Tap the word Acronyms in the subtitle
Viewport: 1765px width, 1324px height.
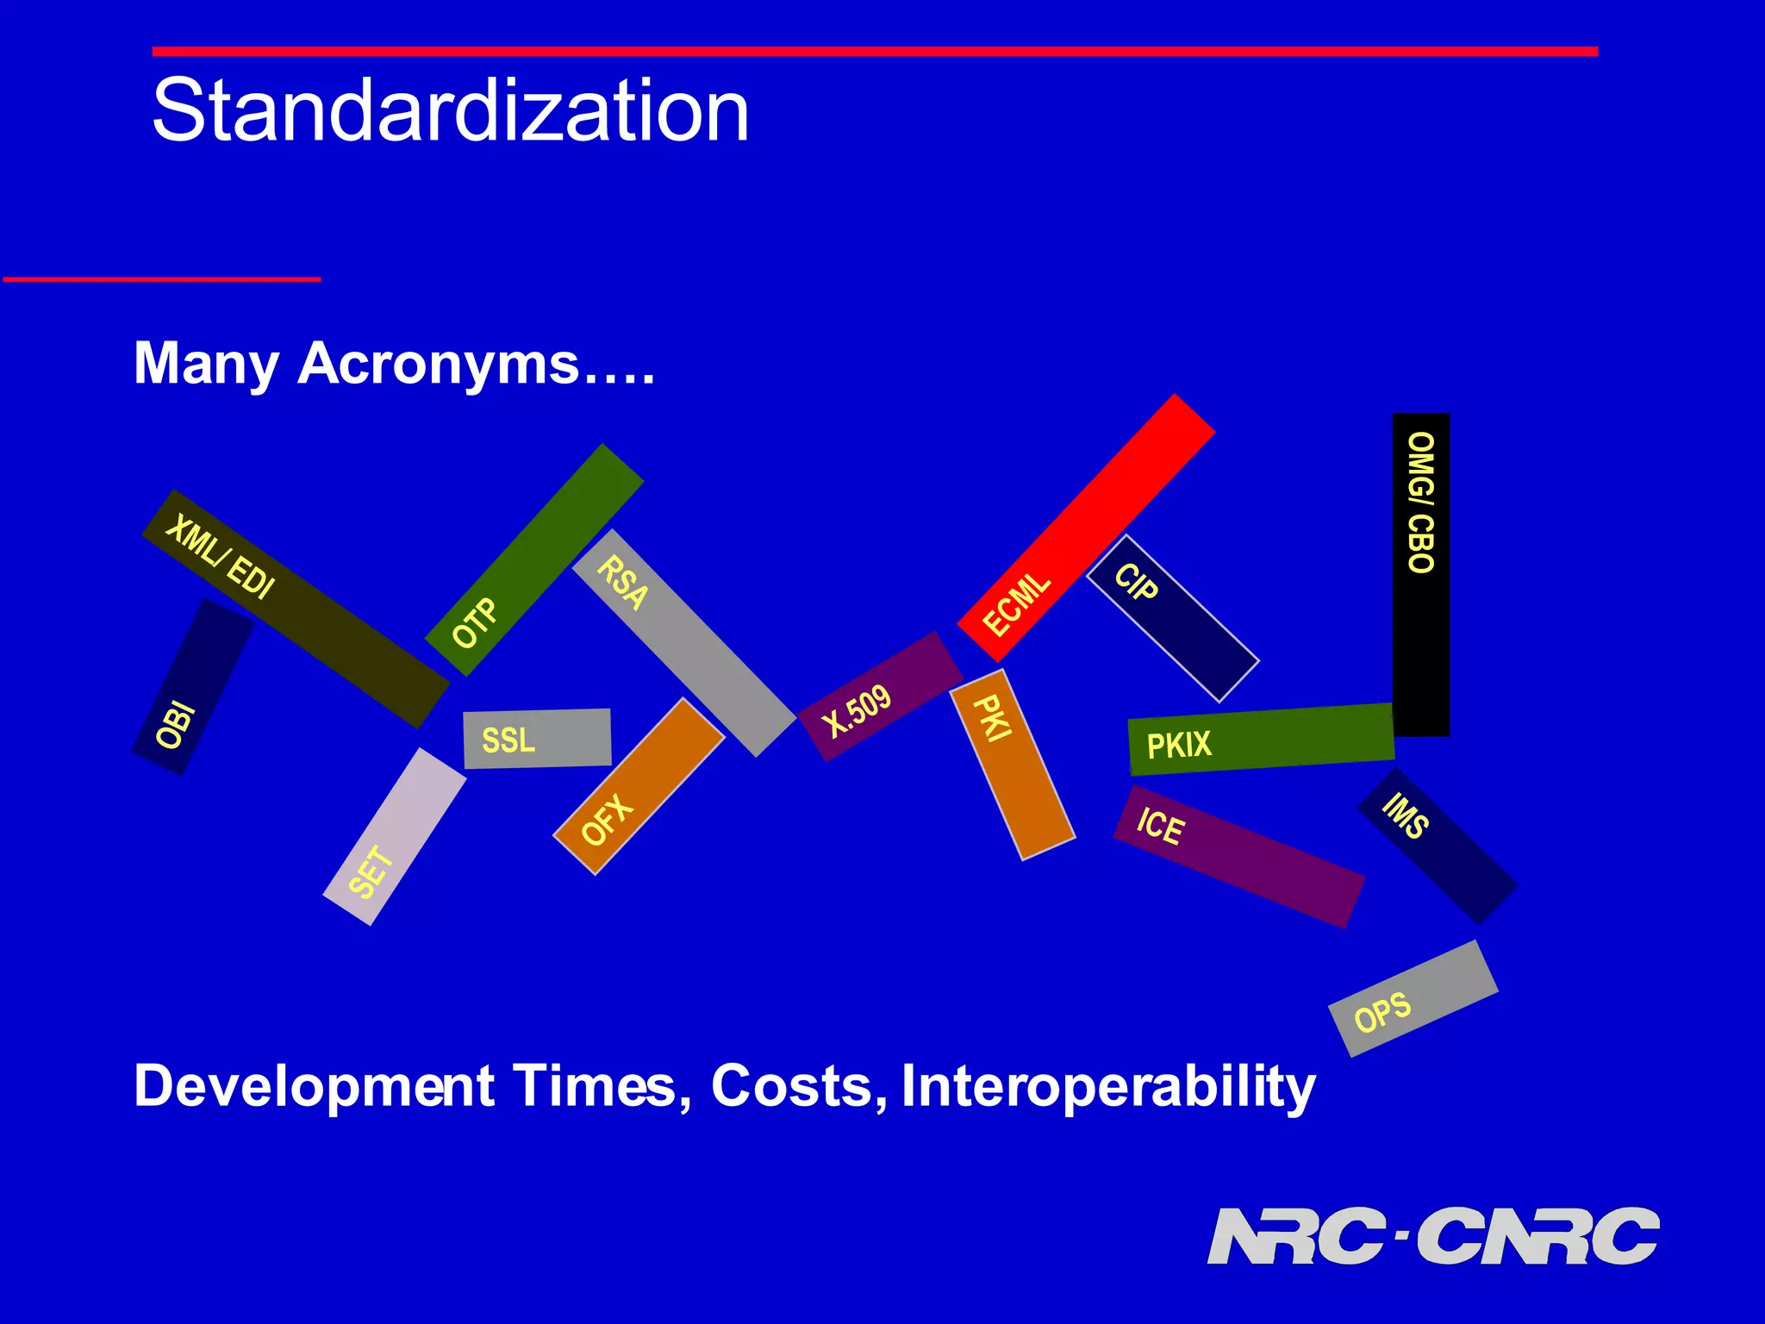click(x=438, y=363)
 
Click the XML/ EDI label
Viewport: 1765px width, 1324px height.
click(x=221, y=556)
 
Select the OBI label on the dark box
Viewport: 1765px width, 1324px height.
click(x=176, y=725)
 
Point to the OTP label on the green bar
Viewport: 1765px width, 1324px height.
click(x=475, y=622)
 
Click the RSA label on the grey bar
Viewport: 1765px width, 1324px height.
click(x=622, y=583)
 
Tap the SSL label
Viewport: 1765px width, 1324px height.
click(x=508, y=740)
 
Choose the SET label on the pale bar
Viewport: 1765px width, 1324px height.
click(x=372, y=871)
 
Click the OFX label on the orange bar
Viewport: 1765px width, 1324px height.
click(x=607, y=820)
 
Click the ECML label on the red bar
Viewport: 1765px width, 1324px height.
click(x=1017, y=604)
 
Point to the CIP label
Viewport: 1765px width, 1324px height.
click(x=1136, y=583)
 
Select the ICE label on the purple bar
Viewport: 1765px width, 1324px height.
click(x=1161, y=826)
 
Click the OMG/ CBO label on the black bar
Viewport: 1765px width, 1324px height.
click(x=1421, y=503)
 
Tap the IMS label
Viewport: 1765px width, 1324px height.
click(x=1406, y=815)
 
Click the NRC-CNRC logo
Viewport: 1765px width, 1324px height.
click(x=1432, y=1236)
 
